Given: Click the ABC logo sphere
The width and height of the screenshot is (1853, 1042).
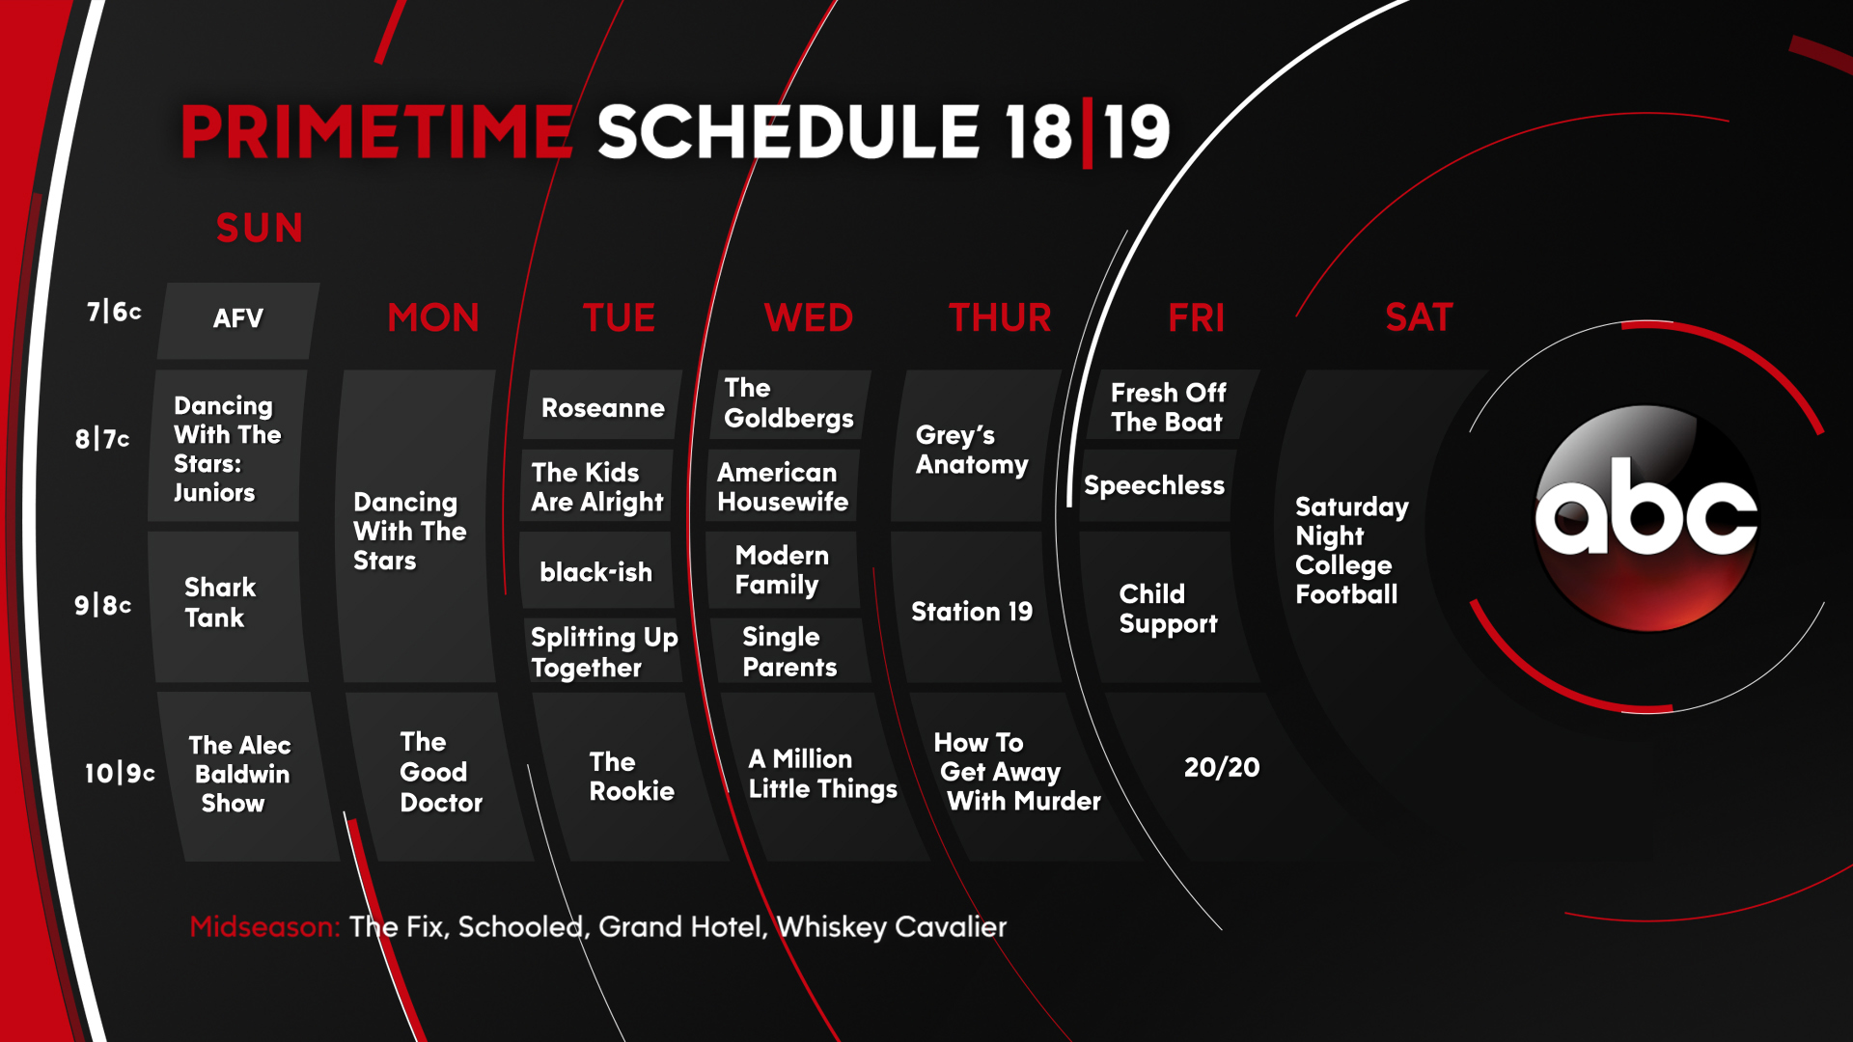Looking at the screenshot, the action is click(x=1646, y=518).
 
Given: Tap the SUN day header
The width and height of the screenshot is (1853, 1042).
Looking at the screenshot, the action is click(x=260, y=229).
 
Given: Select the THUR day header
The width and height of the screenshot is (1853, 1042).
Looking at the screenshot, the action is click(x=1000, y=317).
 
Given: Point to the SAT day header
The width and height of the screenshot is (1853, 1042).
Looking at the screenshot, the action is click(x=1419, y=317).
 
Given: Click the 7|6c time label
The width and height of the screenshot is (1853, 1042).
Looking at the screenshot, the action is click(x=114, y=312).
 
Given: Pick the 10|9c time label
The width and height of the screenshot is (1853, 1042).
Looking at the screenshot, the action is click(x=120, y=773).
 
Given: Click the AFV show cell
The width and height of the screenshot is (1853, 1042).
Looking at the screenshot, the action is click(x=238, y=320).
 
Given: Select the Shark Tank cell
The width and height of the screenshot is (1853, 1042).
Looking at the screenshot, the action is click(x=228, y=607).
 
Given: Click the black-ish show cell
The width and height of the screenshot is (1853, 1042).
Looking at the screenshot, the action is click(x=595, y=571).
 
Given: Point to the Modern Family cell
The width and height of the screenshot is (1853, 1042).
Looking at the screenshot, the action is click(x=782, y=570).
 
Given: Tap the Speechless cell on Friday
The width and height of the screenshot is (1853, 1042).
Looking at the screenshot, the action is click(x=1154, y=485).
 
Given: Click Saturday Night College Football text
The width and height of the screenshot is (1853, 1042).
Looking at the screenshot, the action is click(x=1351, y=550).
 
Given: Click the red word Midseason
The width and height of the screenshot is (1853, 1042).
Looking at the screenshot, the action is click(x=264, y=926).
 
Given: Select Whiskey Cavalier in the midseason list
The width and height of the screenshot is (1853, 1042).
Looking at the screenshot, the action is click(x=892, y=926).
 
